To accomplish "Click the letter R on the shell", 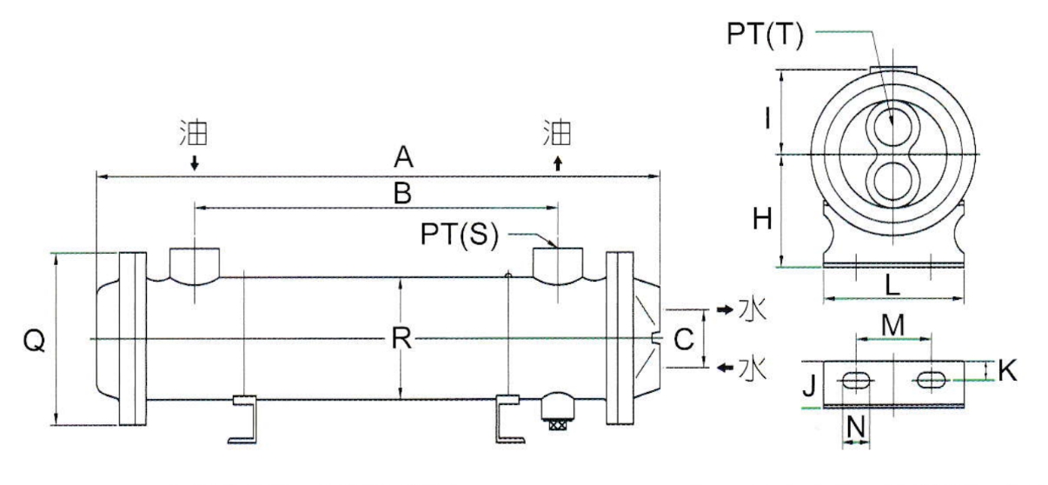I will pos(400,340).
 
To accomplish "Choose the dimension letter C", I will pos(684,340).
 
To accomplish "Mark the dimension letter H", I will pos(762,220).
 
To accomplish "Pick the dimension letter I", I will pos(766,115).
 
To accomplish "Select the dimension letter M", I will pos(892,325).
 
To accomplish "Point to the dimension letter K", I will pos(1006,371).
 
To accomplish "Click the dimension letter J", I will pos(808,384).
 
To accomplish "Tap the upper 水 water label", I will pos(750,310).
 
